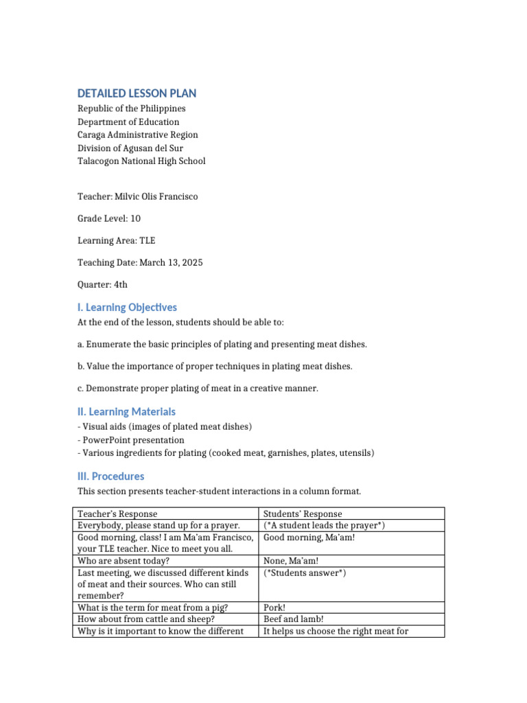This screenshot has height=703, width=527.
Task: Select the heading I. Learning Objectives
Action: [x=127, y=307]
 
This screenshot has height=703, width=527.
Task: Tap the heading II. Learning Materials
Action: [x=126, y=411]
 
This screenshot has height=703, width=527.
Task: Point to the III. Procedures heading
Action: [x=110, y=476]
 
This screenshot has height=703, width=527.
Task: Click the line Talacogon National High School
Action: [x=141, y=161]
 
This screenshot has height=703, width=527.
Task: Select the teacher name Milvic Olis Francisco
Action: [x=157, y=197]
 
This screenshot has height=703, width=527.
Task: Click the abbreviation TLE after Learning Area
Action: [x=148, y=240]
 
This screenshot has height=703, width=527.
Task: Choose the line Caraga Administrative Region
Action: [x=137, y=135]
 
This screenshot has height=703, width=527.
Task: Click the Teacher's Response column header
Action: [x=117, y=514]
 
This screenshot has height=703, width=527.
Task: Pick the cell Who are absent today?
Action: [x=124, y=561]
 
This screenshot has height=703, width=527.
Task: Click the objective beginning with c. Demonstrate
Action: [x=198, y=389]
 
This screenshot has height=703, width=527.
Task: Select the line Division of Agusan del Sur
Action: [x=130, y=148]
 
